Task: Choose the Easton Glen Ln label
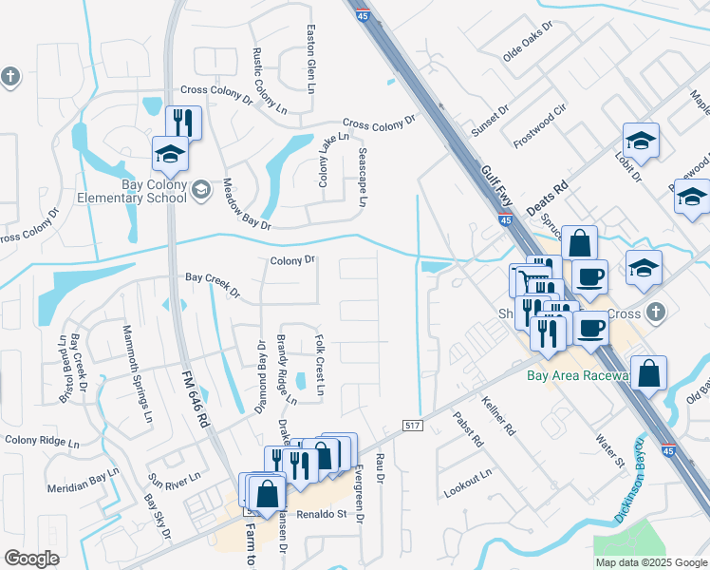point(310,59)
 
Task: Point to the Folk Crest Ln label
point(320,364)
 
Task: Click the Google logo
point(31,558)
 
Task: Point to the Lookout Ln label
point(468,483)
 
